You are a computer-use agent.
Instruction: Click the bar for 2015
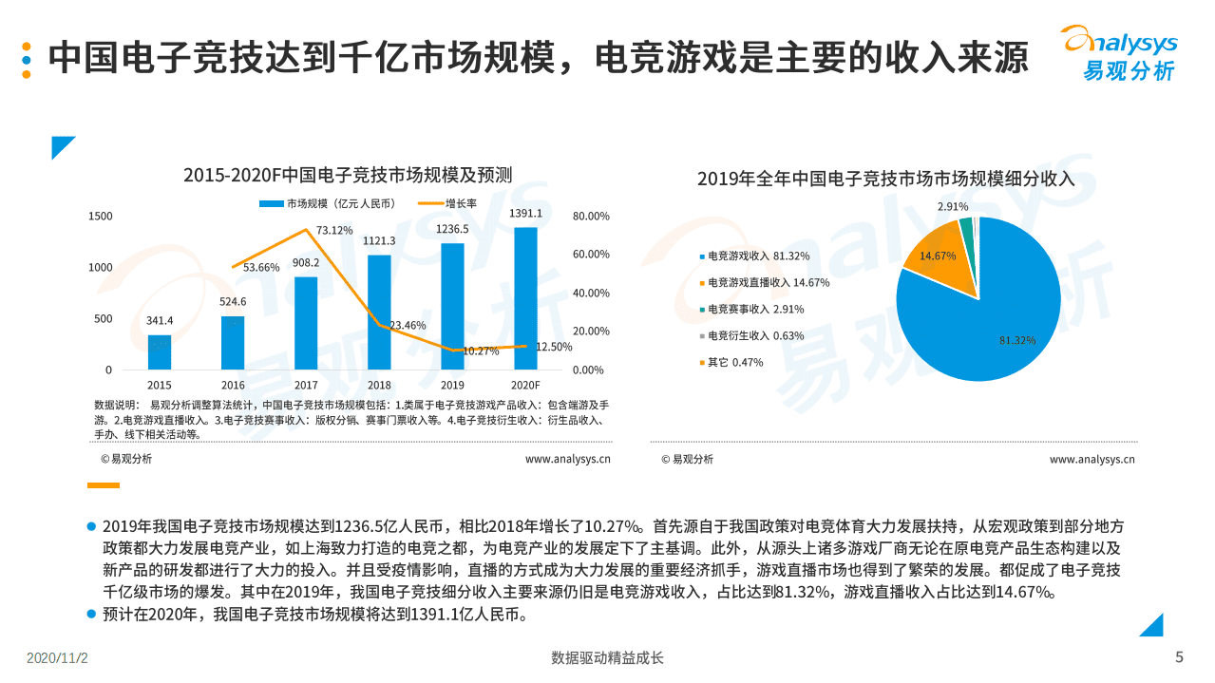coord(160,352)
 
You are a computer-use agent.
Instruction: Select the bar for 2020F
coord(525,298)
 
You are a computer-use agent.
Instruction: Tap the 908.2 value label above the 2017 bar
coord(306,262)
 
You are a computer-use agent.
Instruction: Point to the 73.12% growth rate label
coord(333,230)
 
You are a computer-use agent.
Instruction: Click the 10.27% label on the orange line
coord(481,351)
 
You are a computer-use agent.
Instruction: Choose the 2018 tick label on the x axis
coord(379,385)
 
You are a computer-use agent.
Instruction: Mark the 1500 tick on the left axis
coord(101,217)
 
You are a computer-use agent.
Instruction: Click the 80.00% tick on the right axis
coord(591,217)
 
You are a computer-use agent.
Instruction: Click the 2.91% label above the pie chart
coord(953,206)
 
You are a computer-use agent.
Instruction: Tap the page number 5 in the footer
coord(1179,657)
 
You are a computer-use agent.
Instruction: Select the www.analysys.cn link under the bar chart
coord(567,459)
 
